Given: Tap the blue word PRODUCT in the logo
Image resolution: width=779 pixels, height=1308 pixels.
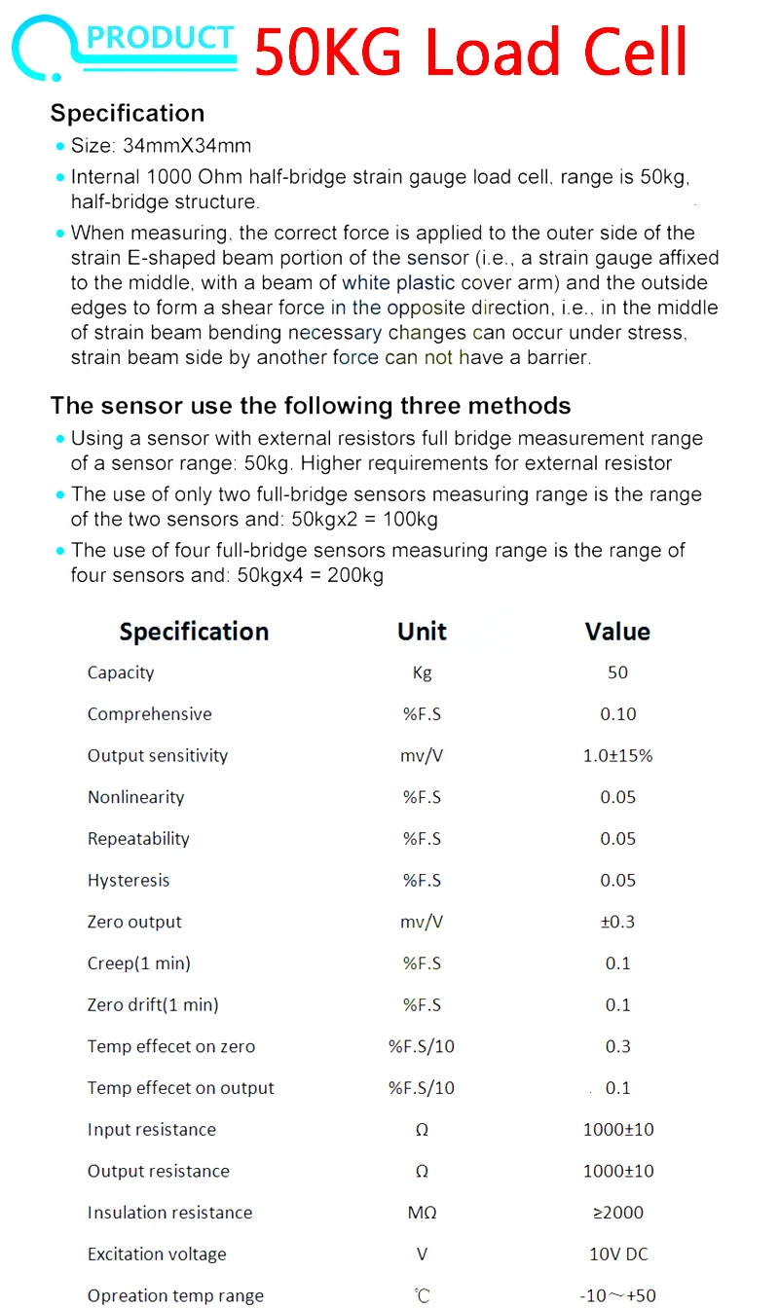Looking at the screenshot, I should click(161, 39).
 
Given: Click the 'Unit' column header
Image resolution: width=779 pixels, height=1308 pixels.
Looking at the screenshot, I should click(422, 632).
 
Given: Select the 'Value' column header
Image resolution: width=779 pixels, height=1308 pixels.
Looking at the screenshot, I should click(617, 632).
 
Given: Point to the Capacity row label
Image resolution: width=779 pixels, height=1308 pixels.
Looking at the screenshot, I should click(121, 672).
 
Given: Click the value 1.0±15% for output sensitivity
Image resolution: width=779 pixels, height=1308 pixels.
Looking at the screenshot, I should click(617, 755).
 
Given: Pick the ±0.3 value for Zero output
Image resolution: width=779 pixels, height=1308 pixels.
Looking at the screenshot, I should click(617, 922).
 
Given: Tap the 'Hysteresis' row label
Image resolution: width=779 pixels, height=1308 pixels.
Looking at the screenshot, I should click(129, 880).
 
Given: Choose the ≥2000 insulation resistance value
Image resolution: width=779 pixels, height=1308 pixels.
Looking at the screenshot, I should click(617, 1213).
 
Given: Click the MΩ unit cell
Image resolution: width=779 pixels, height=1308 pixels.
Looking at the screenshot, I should click(422, 1213).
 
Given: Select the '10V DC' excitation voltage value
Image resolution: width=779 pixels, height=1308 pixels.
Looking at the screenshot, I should click(617, 1254).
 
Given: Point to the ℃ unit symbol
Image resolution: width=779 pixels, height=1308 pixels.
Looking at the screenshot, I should click(422, 1295).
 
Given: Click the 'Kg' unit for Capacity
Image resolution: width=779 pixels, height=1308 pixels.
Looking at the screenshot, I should click(422, 672).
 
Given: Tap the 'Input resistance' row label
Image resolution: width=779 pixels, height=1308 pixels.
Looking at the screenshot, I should click(152, 1130).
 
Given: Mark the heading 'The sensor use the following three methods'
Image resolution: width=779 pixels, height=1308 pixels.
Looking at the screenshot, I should click(311, 405).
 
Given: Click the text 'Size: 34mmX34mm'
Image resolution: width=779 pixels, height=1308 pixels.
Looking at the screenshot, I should click(161, 146).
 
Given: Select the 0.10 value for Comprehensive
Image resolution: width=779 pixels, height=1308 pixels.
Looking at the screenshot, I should click(617, 714).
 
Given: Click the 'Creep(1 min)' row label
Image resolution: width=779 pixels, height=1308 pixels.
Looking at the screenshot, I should click(139, 963).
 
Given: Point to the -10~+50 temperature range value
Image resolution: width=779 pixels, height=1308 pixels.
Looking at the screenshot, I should click(617, 1295).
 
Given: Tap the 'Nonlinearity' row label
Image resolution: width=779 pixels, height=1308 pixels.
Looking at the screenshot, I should click(135, 797).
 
